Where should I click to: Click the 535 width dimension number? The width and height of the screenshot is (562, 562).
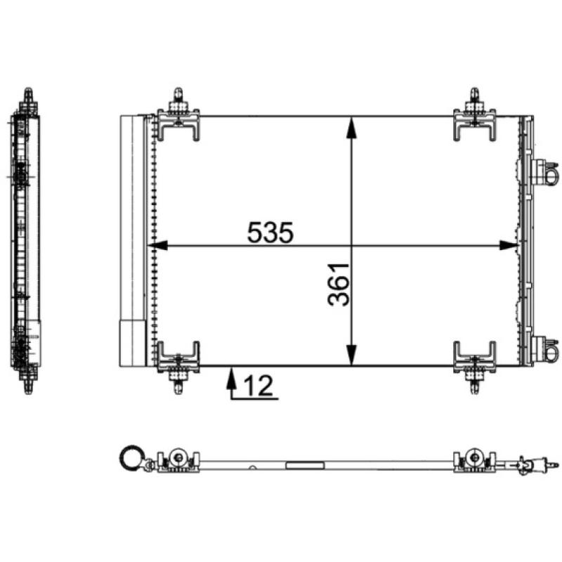270,233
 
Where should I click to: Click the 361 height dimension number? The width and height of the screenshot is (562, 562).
339,285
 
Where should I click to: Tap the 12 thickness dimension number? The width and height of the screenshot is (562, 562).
259,386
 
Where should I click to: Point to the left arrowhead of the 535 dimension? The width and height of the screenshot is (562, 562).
157,245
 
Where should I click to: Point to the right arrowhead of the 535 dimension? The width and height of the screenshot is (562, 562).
509,245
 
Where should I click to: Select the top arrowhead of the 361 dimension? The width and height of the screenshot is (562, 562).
352,127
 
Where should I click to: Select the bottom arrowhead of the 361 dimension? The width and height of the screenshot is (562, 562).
352,355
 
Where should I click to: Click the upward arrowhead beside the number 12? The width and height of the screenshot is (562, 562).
232,377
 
